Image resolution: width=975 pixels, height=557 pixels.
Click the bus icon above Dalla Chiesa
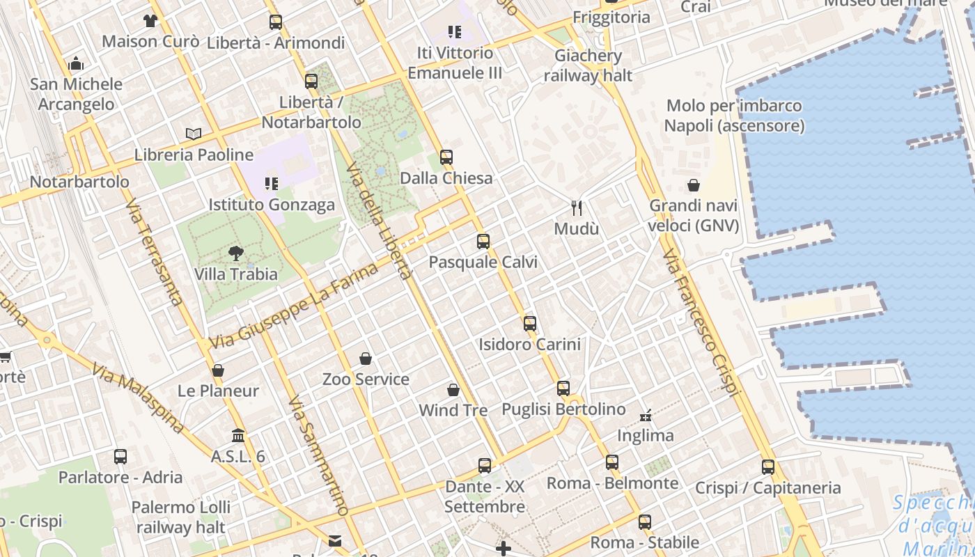[x=446, y=157]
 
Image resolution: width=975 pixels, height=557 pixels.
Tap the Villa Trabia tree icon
[x=236, y=253]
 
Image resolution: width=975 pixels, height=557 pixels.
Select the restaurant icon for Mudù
[x=577, y=207]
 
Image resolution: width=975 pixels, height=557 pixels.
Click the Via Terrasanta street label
[x=155, y=252]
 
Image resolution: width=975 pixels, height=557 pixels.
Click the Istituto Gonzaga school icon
[x=271, y=184]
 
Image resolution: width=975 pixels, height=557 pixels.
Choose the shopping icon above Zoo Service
[x=366, y=359]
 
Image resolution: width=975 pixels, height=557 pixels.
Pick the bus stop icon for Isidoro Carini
[x=530, y=323]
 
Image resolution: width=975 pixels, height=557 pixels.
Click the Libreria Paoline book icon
[x=194, y=134]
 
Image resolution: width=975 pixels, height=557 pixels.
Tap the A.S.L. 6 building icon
[x=238, y=436]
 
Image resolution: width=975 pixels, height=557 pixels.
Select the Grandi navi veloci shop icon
[x=694, y=185]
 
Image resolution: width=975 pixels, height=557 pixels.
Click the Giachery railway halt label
[x=588, y=65]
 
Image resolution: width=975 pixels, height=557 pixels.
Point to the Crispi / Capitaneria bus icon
[x=768, y=467]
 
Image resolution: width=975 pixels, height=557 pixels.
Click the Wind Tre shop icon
[x=453, y=390]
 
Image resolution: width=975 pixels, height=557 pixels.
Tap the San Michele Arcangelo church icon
[x=77, y=64]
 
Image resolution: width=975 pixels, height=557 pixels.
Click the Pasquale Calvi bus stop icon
[x=483, y=242]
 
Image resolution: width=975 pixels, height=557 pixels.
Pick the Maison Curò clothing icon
[x=150, y=21]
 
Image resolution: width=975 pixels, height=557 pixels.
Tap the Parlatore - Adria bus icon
[x=120, y=457]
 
